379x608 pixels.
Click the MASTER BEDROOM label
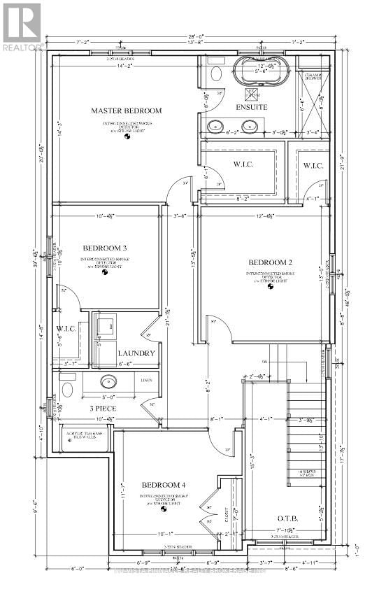click(x=127, y=111)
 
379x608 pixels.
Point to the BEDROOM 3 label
click(x=105, y=248)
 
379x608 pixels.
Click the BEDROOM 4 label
click(x=164, y=485)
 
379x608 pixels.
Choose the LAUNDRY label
click(x=136, y=353)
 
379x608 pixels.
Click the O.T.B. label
click(x=287, y=518)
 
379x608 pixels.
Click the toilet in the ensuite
click(x=215, y=73)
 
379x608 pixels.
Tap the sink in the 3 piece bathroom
click(x=108, y=382)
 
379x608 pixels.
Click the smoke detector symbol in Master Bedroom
click(x=127, y=137)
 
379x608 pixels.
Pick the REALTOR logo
click(x=22, y=27)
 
